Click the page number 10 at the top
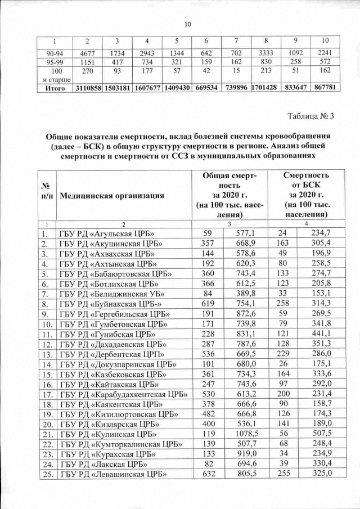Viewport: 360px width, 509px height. [188, 23]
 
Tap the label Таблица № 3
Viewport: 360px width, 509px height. [310, 116]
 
